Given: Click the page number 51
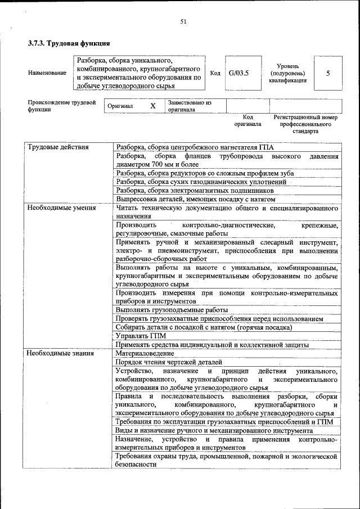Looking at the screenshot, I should (183, 21).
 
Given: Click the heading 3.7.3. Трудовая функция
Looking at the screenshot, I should (69, 43).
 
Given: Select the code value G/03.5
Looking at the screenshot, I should (238, 73).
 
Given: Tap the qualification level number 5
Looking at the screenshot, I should (328, 73).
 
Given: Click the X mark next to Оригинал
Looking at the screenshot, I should (152, 106).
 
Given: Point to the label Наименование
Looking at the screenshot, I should (47, 74).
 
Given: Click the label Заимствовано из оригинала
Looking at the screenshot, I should (189, 106).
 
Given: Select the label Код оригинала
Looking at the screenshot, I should (248, 120).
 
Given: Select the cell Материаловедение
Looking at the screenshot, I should (145, 353).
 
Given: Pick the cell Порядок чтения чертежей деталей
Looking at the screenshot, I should (169, 362).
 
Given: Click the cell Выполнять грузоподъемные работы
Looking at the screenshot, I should (172, 309).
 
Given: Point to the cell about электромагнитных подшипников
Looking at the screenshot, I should (195, 191).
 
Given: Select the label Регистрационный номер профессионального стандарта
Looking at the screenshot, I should (305, 124).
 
